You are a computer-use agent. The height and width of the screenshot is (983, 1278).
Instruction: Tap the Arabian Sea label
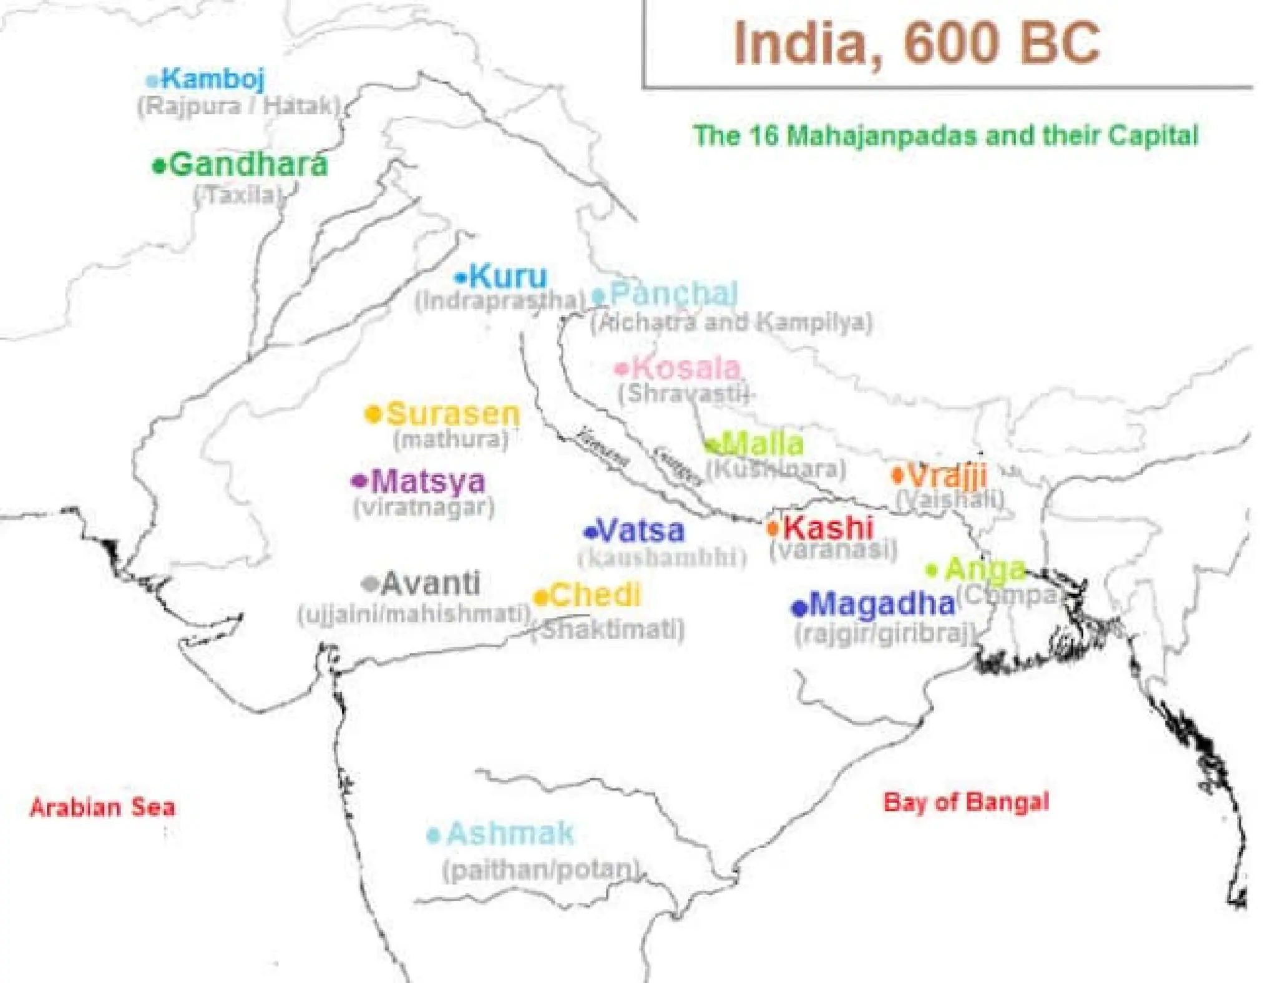(102, 807)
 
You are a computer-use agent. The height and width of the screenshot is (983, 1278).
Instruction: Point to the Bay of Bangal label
(966, 802)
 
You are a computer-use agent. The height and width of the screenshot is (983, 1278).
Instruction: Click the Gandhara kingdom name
(248, 165)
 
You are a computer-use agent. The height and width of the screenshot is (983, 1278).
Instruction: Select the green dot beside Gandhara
(159, 167)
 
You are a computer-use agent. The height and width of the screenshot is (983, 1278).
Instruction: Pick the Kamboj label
(213, 79)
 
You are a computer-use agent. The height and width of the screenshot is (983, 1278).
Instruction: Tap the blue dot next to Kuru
(461, 278)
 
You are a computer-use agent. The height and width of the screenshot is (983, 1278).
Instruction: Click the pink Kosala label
(686, 368)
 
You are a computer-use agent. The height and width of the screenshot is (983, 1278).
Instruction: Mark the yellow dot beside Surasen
(373, 414)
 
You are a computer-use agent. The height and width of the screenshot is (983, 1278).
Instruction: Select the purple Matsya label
(428, 481)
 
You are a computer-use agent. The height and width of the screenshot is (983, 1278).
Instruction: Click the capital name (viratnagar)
(424, 507)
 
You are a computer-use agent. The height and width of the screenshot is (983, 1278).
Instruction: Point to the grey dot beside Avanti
(371, 584)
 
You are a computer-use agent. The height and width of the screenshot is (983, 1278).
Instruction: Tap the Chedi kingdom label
(595, 595)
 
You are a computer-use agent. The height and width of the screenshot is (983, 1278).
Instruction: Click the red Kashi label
(828, 528)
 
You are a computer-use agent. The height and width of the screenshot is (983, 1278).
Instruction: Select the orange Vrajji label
(947, 476)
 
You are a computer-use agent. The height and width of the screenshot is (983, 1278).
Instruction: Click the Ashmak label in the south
(510, 834)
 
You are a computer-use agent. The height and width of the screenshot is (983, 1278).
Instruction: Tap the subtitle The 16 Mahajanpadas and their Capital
(946, 135)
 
